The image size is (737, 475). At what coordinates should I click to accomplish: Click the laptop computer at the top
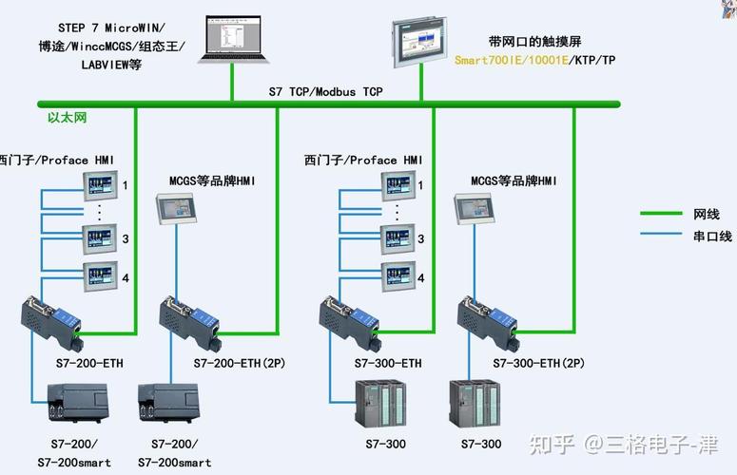(x=231, y=38)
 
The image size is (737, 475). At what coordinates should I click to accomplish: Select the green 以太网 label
(x=68, y=118)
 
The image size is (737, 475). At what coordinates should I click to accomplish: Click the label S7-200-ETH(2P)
(x=240, y=363)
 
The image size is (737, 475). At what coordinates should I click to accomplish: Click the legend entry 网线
(x=707, y=215)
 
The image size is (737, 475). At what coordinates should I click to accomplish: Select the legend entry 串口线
(x=712, y=236)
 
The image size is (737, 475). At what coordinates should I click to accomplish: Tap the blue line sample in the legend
(x=662, y=236)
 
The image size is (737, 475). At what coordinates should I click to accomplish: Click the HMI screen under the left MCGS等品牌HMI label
(x=178, y=207)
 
